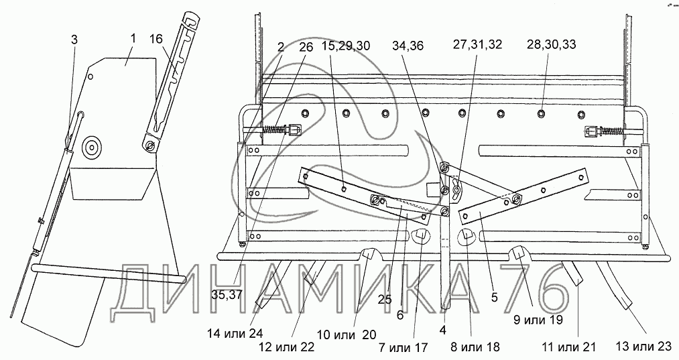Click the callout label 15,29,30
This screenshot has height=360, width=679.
coord(346,45)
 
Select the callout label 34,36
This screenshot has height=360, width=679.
coord(408,45)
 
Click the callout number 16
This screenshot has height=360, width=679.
coord(156,39)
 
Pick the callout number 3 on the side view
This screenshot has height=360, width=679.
coord(74,40)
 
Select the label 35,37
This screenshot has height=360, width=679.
coord(227,295)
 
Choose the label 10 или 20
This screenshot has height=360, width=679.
coord(347,335)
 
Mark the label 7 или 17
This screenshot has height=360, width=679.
coord(403,347)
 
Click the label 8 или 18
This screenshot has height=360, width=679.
coord(475,347)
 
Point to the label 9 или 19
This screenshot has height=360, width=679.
coord(538,320)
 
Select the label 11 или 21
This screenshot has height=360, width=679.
coord(568,347)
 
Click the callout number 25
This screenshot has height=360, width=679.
coord(384,299)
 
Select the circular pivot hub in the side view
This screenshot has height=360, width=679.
coord(92,147)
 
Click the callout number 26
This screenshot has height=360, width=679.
coord(306,47)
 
